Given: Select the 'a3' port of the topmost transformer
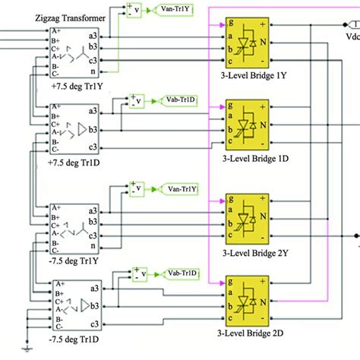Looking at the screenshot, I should click(x=90, y=36).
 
